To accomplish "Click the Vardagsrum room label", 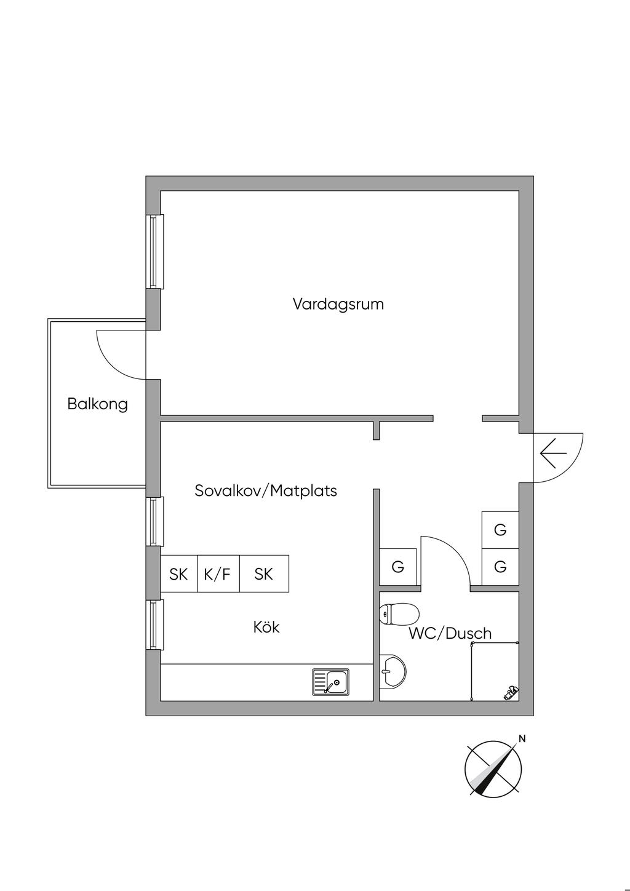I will pos(338,304).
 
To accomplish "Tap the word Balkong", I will pos(97,404).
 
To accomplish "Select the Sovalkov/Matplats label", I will pos(265,491).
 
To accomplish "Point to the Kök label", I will pos(266,627).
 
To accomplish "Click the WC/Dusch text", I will pos(450,633).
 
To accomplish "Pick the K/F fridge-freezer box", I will pos(218,574).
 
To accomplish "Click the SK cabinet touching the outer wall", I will pos(179,574).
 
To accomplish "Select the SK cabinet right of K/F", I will pos(264,574).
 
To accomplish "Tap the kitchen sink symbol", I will pos(330,682).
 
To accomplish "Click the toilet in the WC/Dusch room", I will pos(399,614).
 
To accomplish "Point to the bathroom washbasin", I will pos(392,671).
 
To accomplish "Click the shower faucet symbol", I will pos(511,693).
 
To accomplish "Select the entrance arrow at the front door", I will pos(553,454).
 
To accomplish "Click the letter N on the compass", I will pos(522,739).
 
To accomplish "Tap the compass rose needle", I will pos(493,770).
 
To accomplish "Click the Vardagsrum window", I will pos(155,251).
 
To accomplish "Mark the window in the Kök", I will pos(155,625).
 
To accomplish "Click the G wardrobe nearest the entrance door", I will pos(500,529).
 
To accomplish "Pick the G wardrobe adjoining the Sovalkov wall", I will pos(398,567).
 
